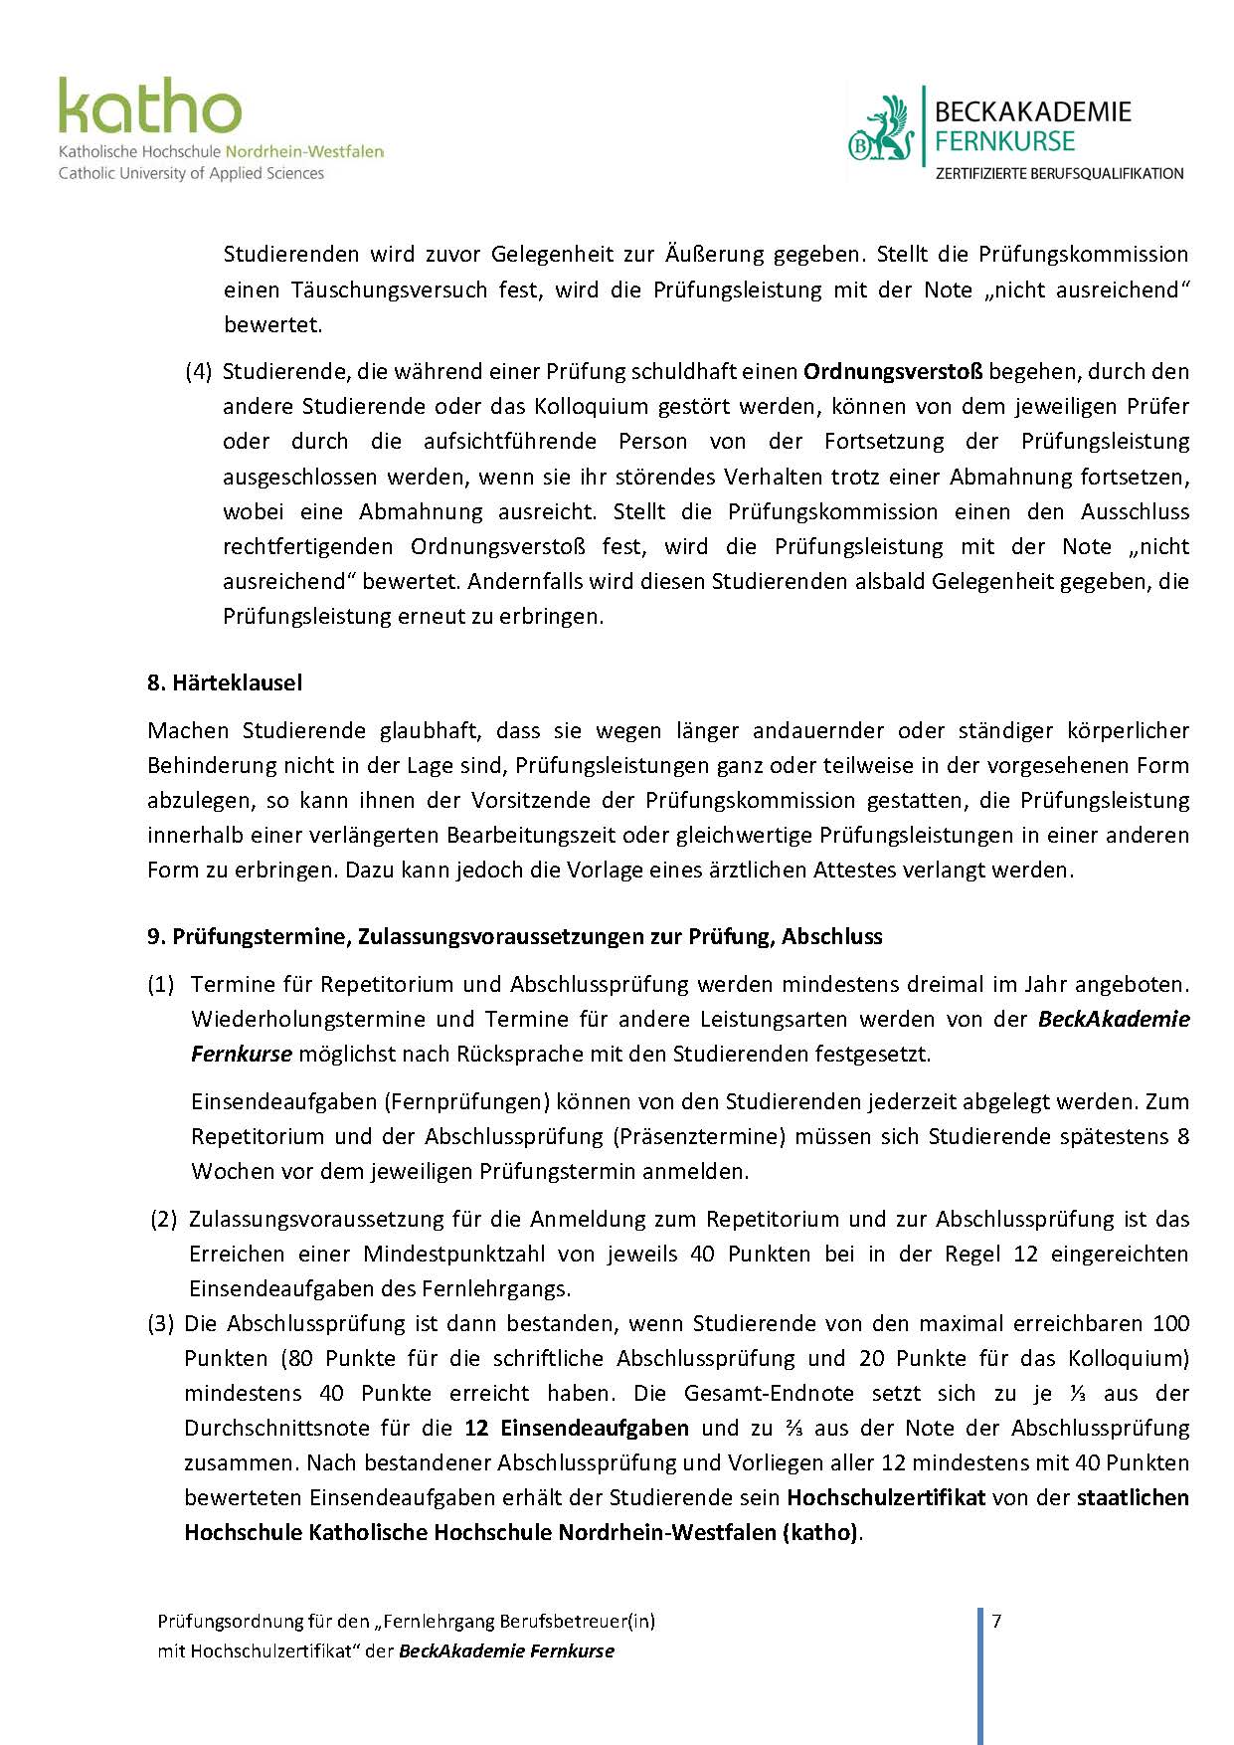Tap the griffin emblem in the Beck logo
pyautogui.click(x=881, y=129)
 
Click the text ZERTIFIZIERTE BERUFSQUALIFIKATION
pyautogui.click(x=1059, y=174)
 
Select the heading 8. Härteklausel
pyautogui.click(x=225, y=682)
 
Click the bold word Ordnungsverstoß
pyautogui.click(x=893, y=371)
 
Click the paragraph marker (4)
pyautogui.click(x=199, y=371)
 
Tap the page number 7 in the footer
pyautogui.click(x=996, y=1622)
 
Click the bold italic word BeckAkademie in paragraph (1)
pyautogui.click(x=1114, y=1019)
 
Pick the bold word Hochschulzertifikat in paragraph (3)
pyautogui.click(x=886, y=1497)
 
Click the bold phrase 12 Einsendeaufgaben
pyautogui.click(x=577, y=1428)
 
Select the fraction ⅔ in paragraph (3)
pyautogui.click(x=793, y=1428)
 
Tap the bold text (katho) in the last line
pyautogui.click(x=821, y=1532)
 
